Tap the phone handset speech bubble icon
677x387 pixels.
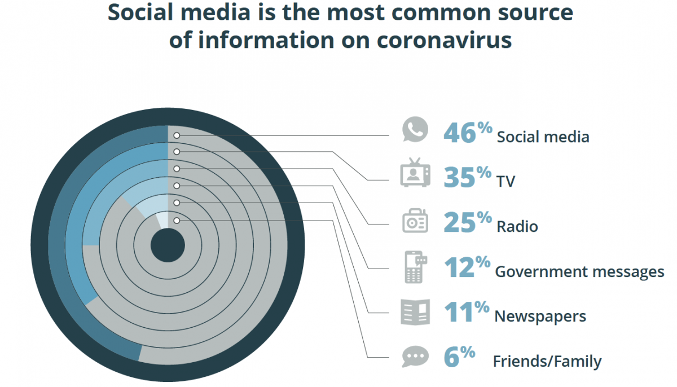[x=415, y=130]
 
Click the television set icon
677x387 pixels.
[x=415, y=173]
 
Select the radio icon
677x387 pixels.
[x=415, y=221]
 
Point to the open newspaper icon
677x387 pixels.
[x=415, y=312]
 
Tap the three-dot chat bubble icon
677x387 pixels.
[x=415, y=357]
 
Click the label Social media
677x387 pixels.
[x=543, y=137]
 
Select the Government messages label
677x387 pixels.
[x=579, y=272]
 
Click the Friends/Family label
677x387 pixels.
[x=547, y=361]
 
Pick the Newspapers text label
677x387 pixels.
[x=540, y=316]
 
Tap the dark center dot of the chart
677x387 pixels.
[x=168, y=245]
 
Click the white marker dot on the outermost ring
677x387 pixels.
[x=177, y=135]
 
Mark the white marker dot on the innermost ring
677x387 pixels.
[x=177, y=221]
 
